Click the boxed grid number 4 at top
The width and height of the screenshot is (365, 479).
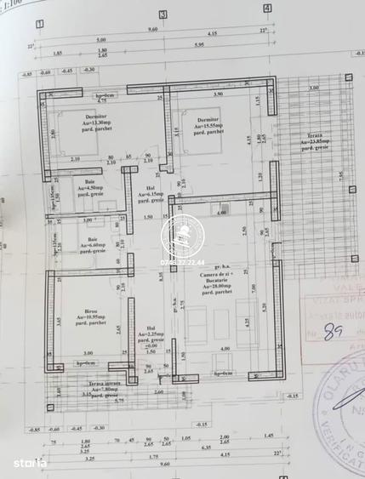tap(267, 9)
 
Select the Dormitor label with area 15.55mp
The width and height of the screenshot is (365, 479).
tap(208, 124)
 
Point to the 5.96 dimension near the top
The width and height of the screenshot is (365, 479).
tap(223, 45)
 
